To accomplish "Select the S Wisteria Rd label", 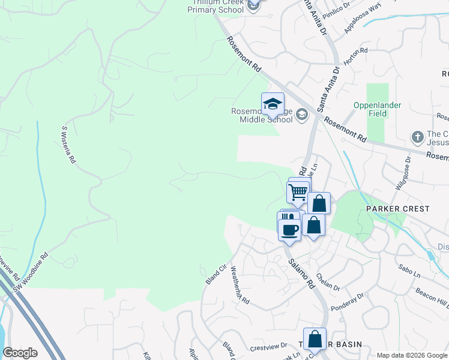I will [68, 145].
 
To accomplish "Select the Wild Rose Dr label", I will [404, 173].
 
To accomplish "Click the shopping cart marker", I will [298, 193].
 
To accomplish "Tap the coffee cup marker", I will [290, 229].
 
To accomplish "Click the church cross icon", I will [418, 137].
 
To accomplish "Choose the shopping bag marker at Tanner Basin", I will [315, 340].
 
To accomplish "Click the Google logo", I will [20, 353].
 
